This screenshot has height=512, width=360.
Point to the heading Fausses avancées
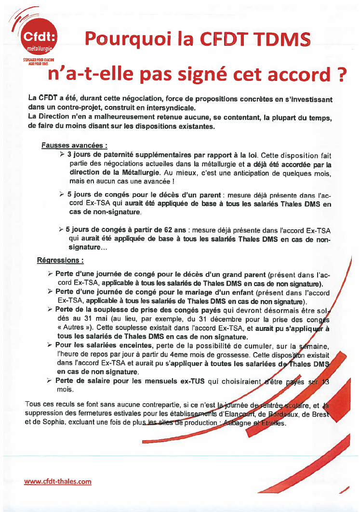tap(74, 144)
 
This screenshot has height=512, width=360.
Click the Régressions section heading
tap(61, 260)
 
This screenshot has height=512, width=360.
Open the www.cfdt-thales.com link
tap(57, 481)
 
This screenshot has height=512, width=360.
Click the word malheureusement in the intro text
tap(122, 118)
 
